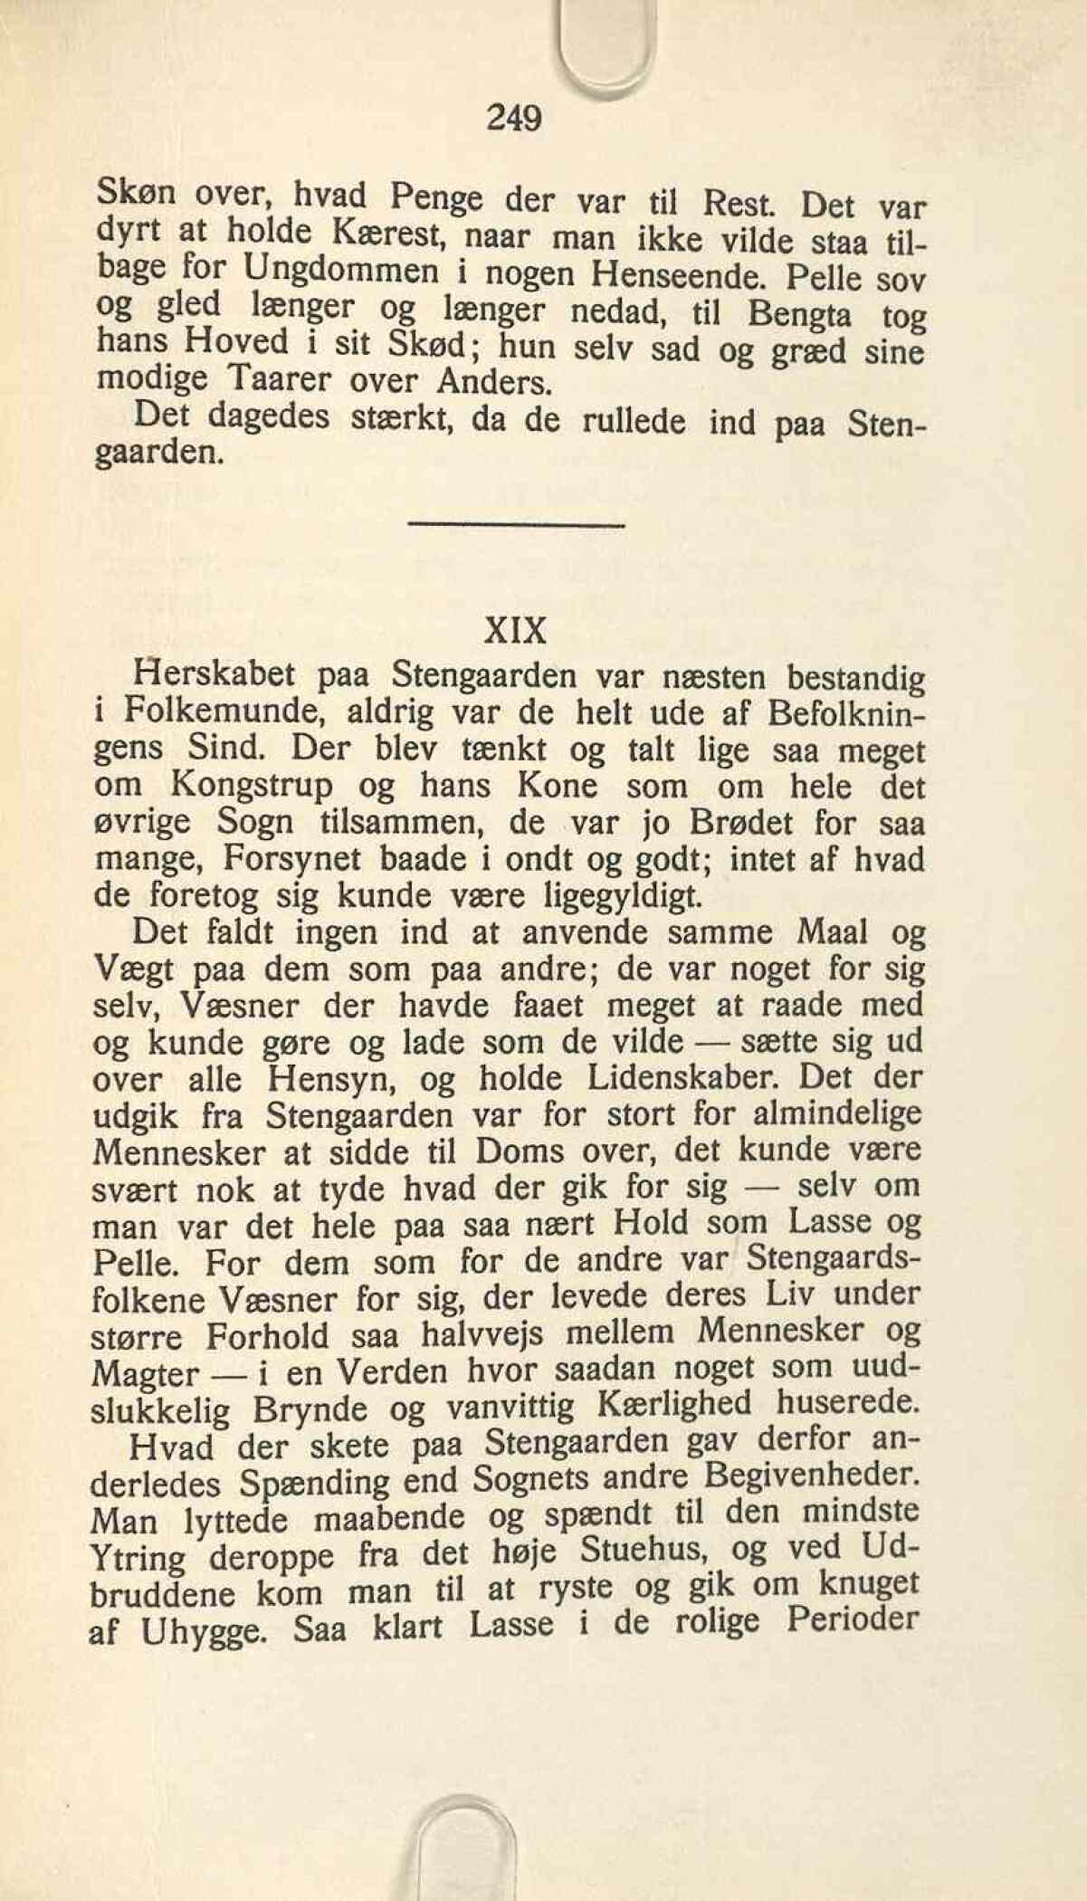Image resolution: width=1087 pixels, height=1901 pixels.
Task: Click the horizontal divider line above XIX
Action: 517,526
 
